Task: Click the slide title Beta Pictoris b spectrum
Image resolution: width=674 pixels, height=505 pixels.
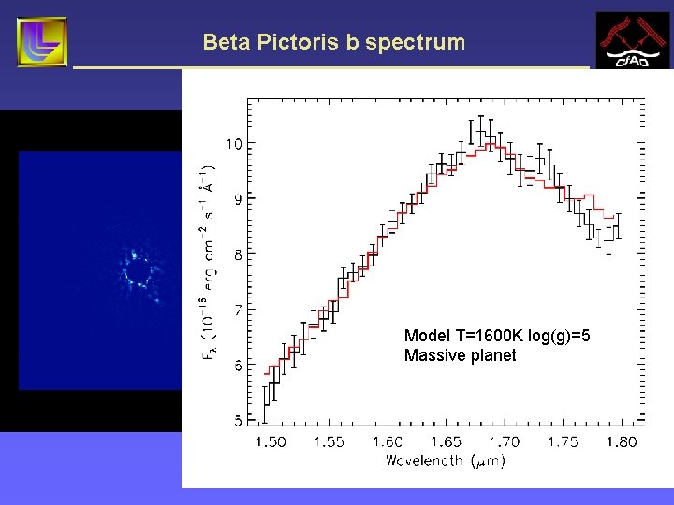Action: click(333, 42)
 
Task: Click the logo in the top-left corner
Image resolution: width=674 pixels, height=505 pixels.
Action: click(41, 42)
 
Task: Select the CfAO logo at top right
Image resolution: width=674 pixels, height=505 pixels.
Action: click(633, 41)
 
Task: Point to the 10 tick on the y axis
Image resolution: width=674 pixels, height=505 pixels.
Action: click(233, 143)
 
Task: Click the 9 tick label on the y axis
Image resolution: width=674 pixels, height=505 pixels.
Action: click(237, 198)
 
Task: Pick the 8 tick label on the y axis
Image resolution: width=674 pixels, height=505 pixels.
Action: click(237, 253)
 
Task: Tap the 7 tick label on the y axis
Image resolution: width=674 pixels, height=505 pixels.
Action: click(237, 309)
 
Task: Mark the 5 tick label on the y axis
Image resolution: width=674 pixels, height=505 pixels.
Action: click(237, 420)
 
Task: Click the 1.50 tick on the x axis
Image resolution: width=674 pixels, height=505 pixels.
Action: click(271, 441)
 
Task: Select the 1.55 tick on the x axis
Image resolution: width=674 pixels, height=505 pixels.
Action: click(330, 441)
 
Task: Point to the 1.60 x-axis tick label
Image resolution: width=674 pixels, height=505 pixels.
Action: click(387, 441)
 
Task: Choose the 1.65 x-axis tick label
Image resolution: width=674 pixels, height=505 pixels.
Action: click(446, 441)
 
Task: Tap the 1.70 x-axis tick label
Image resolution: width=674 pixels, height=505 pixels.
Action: click(504, 441)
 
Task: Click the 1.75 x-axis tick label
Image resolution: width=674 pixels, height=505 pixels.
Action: click(563, 441)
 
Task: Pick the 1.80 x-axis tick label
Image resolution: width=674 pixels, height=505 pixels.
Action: click(620, 441)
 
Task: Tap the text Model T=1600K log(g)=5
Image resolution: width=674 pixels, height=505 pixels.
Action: click(497, 336)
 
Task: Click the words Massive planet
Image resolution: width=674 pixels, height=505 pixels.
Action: click(460, 355)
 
